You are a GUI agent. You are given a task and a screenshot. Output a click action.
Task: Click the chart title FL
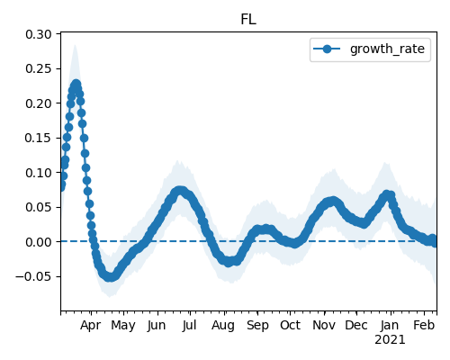(x=248, y=20)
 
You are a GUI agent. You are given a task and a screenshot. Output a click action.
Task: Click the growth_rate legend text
(x=387, y=49)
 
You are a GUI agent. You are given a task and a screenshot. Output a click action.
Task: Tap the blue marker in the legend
(x=327, y=49)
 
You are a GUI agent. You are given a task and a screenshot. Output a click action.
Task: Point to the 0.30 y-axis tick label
(x=39, y=34)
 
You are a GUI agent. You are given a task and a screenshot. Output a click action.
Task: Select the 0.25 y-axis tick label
(x=39, y=69)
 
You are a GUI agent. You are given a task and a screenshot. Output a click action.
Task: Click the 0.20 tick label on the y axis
(x=39, y=103)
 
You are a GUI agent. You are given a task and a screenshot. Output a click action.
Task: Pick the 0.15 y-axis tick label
(x=39, y=138)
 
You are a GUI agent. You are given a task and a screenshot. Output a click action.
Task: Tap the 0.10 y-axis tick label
(x=39, y=173)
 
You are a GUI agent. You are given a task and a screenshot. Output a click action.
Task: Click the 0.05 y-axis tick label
(x=39, y=207)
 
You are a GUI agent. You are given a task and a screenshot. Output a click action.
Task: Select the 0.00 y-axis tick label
(x=39, y=242)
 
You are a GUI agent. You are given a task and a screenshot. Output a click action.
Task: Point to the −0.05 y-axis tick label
(x=33, y=276)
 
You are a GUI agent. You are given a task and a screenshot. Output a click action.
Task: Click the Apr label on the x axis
(x=91, y=326)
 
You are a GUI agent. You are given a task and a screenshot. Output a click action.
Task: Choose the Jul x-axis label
(x=189, y=326)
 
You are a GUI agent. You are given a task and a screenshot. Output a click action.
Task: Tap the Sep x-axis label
(x=257, y=326)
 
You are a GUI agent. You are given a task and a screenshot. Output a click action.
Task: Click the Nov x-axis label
(x=324, y=326)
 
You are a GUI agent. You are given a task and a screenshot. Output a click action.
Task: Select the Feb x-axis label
(x=424, y=326)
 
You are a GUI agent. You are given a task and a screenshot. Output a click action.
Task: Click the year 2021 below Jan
(x=390, y=340)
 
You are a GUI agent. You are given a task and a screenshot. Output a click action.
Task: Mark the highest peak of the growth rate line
(x=76, y=84)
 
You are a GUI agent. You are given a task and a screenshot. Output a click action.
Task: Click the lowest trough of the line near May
(x=110, y=277)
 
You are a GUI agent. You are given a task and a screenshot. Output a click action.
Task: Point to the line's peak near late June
(x=179, y=191)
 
